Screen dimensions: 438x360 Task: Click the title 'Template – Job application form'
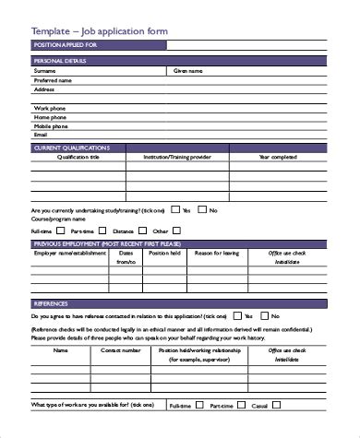pyautogui.click(x=89, y=30)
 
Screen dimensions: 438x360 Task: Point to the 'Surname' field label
pyautogui.click(x=43, y=69)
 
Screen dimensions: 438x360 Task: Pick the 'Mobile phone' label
pyautogui.click(x=51, y=125)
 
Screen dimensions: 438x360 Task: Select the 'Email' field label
pyautogui.click(x=40, y=135)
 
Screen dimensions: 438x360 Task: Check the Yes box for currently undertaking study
pyautogui.click(x=174, y=209)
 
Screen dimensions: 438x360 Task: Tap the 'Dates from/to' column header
pyautogui.click(x=126, y=256)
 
